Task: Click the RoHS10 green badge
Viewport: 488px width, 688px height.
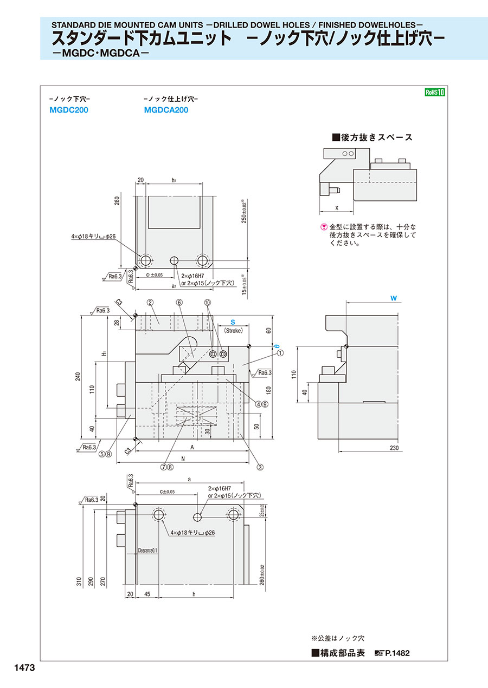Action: (x=435, y=92)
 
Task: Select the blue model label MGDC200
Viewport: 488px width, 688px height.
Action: (x=68, y=110)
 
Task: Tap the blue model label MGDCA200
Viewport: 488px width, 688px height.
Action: (x=166, y=110)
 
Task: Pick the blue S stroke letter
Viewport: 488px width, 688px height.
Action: (x=233, y=322)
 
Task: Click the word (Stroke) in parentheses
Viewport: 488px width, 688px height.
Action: (x=233, y=330)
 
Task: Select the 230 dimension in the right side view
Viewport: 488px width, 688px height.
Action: (x=394, y=448)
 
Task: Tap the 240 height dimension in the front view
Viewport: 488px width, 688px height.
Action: (x=78, y=377)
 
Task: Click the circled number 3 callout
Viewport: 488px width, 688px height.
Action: (x=260, y=467)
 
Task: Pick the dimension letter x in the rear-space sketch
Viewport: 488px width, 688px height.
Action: (x=337, y=207)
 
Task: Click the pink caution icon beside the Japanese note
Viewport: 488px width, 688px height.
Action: (x=324, y=227)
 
